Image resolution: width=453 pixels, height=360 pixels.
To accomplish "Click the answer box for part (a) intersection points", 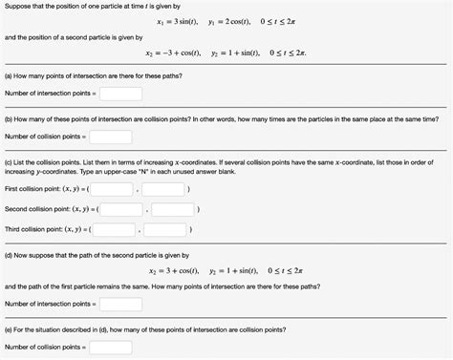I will point(121,94).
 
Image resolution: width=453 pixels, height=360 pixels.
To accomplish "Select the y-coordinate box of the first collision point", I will point(170,189).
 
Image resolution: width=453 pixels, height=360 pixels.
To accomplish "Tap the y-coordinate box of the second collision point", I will point(173,209).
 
